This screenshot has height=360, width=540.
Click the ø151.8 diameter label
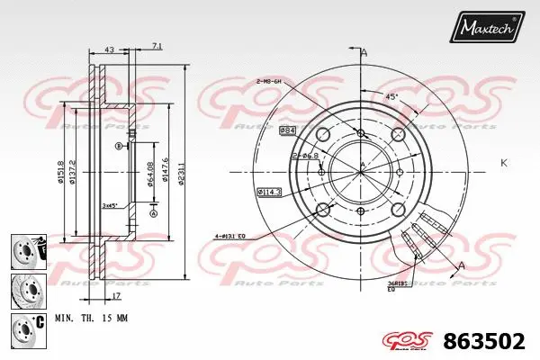pos(61,166)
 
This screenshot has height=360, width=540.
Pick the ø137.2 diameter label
pos(75,167)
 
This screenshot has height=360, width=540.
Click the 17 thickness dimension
pos(117,295)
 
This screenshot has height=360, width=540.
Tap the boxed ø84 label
pos(288,131)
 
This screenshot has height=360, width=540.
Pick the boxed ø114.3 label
pos(268,192)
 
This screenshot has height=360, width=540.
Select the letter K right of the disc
pos(503,163)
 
